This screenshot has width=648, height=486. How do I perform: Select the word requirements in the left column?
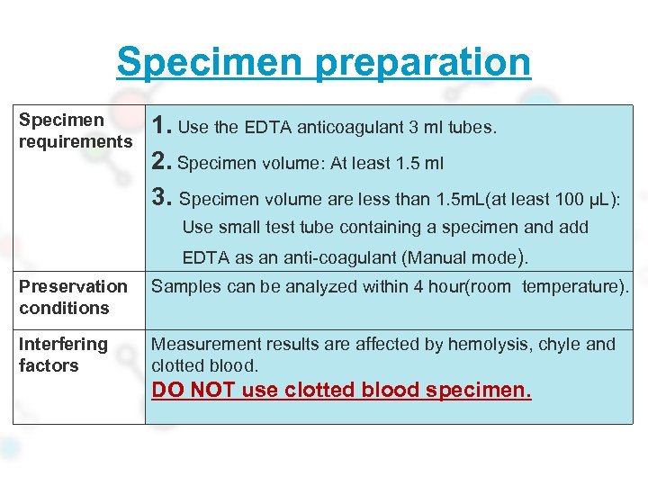tap(76, 142)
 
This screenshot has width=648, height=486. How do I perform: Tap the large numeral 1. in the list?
tap(162, 127)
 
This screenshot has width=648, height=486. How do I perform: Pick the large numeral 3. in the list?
tap(163, 198)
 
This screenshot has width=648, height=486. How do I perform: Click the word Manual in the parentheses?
tap(435, 258)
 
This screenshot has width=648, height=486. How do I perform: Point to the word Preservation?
tap(73, 286)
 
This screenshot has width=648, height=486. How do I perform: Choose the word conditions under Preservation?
tap(64, 308)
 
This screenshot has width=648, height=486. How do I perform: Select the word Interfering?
tap(63, 344)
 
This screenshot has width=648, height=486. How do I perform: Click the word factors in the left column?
tap(49, 365)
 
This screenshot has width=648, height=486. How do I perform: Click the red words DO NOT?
tap(192, 391)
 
